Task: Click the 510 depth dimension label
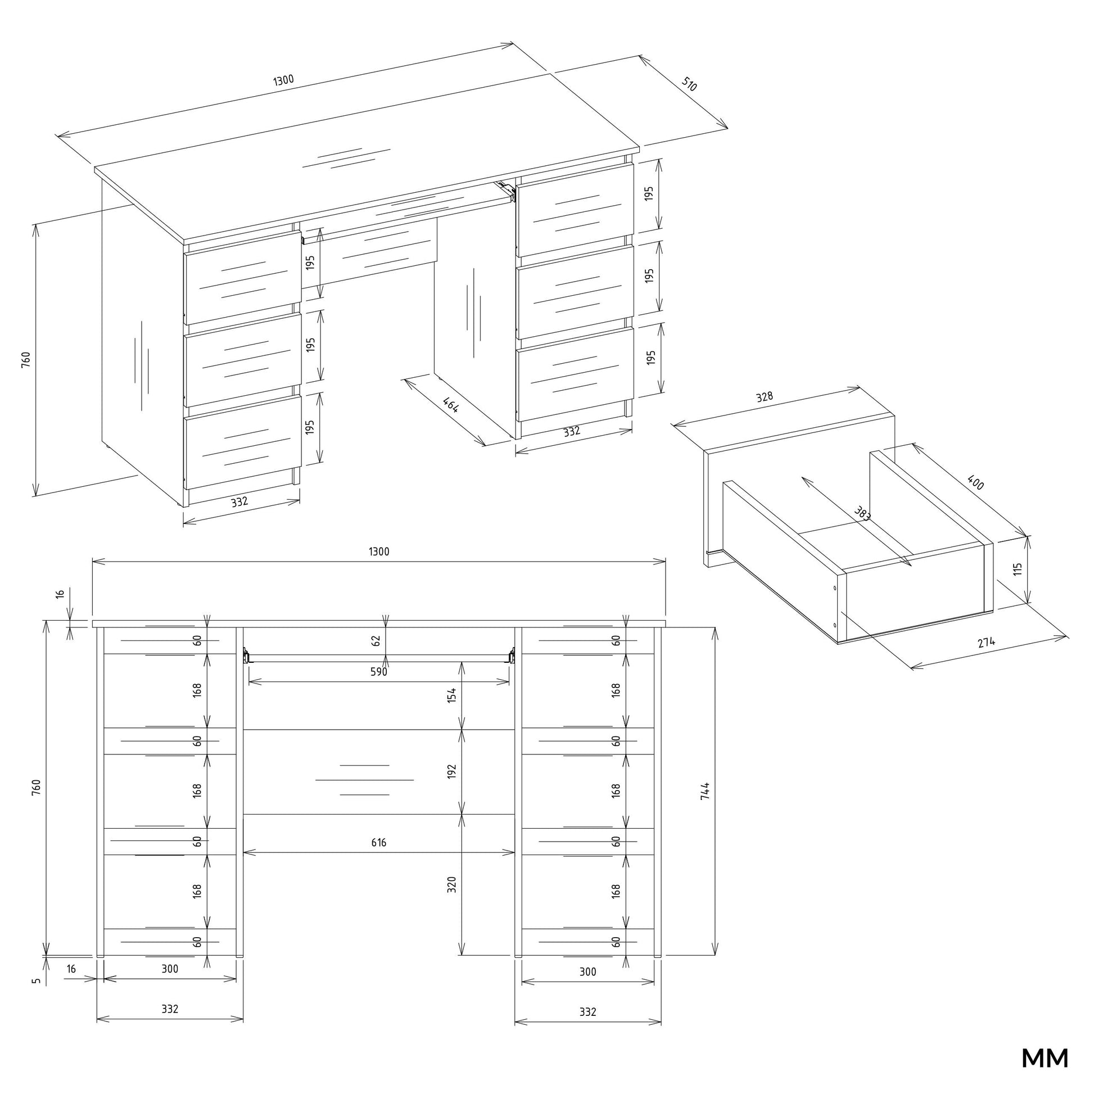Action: point(689,85)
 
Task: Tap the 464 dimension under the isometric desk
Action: point(451,404)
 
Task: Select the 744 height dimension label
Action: point(705,791)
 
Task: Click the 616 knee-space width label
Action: point(379,843)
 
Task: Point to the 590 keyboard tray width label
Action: point(378,672)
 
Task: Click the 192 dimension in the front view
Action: point(451,771)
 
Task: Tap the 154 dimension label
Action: point(451,695)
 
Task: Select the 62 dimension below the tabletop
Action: point(376,641)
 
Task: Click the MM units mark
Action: point(1045,1058)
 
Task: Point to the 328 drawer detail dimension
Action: point(765,397)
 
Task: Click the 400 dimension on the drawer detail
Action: point(975,482)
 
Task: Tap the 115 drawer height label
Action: point(1018,569)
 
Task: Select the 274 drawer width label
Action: point(986,643)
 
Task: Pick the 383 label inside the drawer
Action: point(862,513)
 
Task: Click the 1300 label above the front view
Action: point(379,551)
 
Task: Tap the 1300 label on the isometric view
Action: point(284,80)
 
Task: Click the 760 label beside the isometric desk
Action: point(26,360)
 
